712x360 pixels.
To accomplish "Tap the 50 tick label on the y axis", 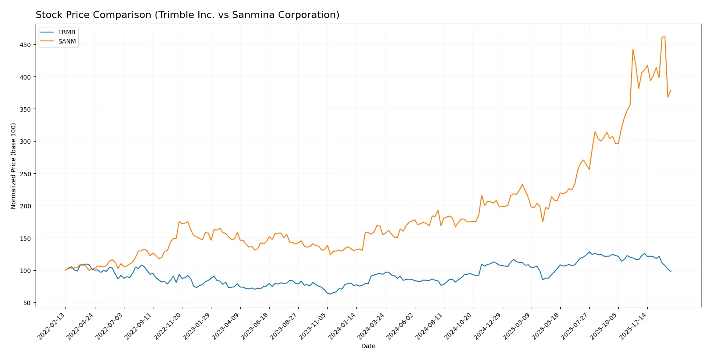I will pos(27,303).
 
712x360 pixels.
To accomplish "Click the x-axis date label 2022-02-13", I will pos(52,326).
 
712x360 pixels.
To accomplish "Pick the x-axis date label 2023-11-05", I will pos(313,326).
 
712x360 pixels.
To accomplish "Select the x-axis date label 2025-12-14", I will pos(633,326).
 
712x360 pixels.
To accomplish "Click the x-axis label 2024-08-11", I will pos(430,326).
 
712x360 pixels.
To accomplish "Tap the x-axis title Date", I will pos(368,346).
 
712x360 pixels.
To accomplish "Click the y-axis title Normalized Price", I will pos(14,166).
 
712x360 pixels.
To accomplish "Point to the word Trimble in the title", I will pos(175,15).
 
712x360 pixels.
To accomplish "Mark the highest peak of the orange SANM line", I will pos(665,36).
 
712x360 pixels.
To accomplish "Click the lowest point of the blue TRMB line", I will pos(330,294).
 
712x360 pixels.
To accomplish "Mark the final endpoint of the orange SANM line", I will pos(671,91).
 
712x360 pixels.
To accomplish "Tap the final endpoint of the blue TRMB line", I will pos(671,272).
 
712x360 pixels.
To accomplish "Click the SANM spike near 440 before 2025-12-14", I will pos(633,49).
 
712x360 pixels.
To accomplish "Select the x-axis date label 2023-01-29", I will pos(197,326).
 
